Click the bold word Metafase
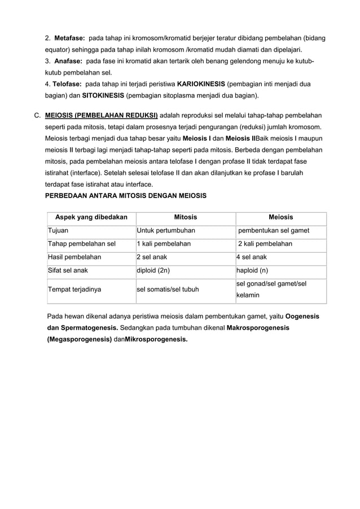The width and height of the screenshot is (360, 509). [69, 38]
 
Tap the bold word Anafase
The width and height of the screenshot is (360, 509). [68, 61]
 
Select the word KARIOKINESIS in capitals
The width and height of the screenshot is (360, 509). [201, 84]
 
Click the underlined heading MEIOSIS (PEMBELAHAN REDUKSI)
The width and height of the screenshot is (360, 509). [102, 114]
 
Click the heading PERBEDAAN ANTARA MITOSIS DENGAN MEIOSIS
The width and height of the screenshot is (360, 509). [126, 196]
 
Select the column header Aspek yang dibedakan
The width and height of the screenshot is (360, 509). [91, 217]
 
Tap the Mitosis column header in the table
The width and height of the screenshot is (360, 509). [185, 217]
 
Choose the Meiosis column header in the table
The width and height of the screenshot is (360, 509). [280, 217]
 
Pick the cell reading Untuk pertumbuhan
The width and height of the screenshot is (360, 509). [164, 230]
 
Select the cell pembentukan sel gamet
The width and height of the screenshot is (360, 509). [274, 230]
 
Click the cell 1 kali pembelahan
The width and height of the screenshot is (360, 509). [164, 244]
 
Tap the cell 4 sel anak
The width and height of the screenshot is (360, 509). [252, 257]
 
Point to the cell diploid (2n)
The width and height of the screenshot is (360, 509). [153, 270]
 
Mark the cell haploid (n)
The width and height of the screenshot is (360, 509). [252, 270]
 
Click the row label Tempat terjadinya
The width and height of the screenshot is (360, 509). [74, 289]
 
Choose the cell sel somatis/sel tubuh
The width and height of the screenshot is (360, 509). [168, 289]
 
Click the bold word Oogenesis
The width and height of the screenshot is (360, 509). [302, 317]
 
